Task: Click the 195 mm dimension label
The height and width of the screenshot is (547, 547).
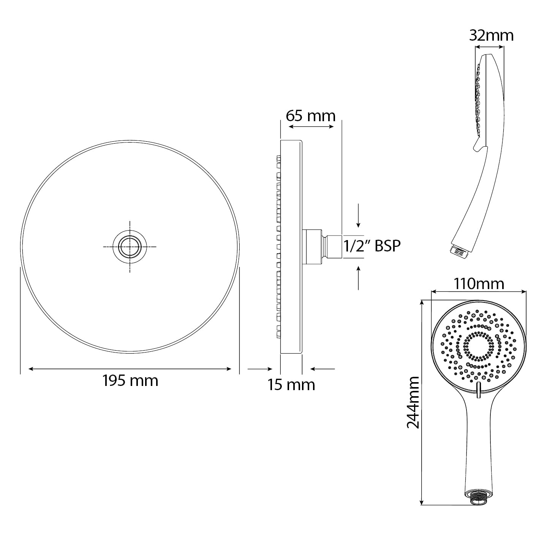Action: pyautogui.click(x=130, y=381)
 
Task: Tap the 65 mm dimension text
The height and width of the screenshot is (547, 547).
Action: pyautogui.click(x=311, y=115)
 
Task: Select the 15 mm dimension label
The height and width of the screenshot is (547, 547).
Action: pyautogui.click(x=291, y=385)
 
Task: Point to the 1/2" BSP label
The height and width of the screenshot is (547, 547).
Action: pyautogui.click(x=372, y=246)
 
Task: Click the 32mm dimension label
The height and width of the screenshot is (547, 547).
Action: pyautogui.click(x=492, y=35)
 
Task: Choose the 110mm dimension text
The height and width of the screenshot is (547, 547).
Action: pyautogui.click(x=479, y=284)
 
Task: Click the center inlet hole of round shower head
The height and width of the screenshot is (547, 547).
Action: pyautogui.click(x=130, y=247)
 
